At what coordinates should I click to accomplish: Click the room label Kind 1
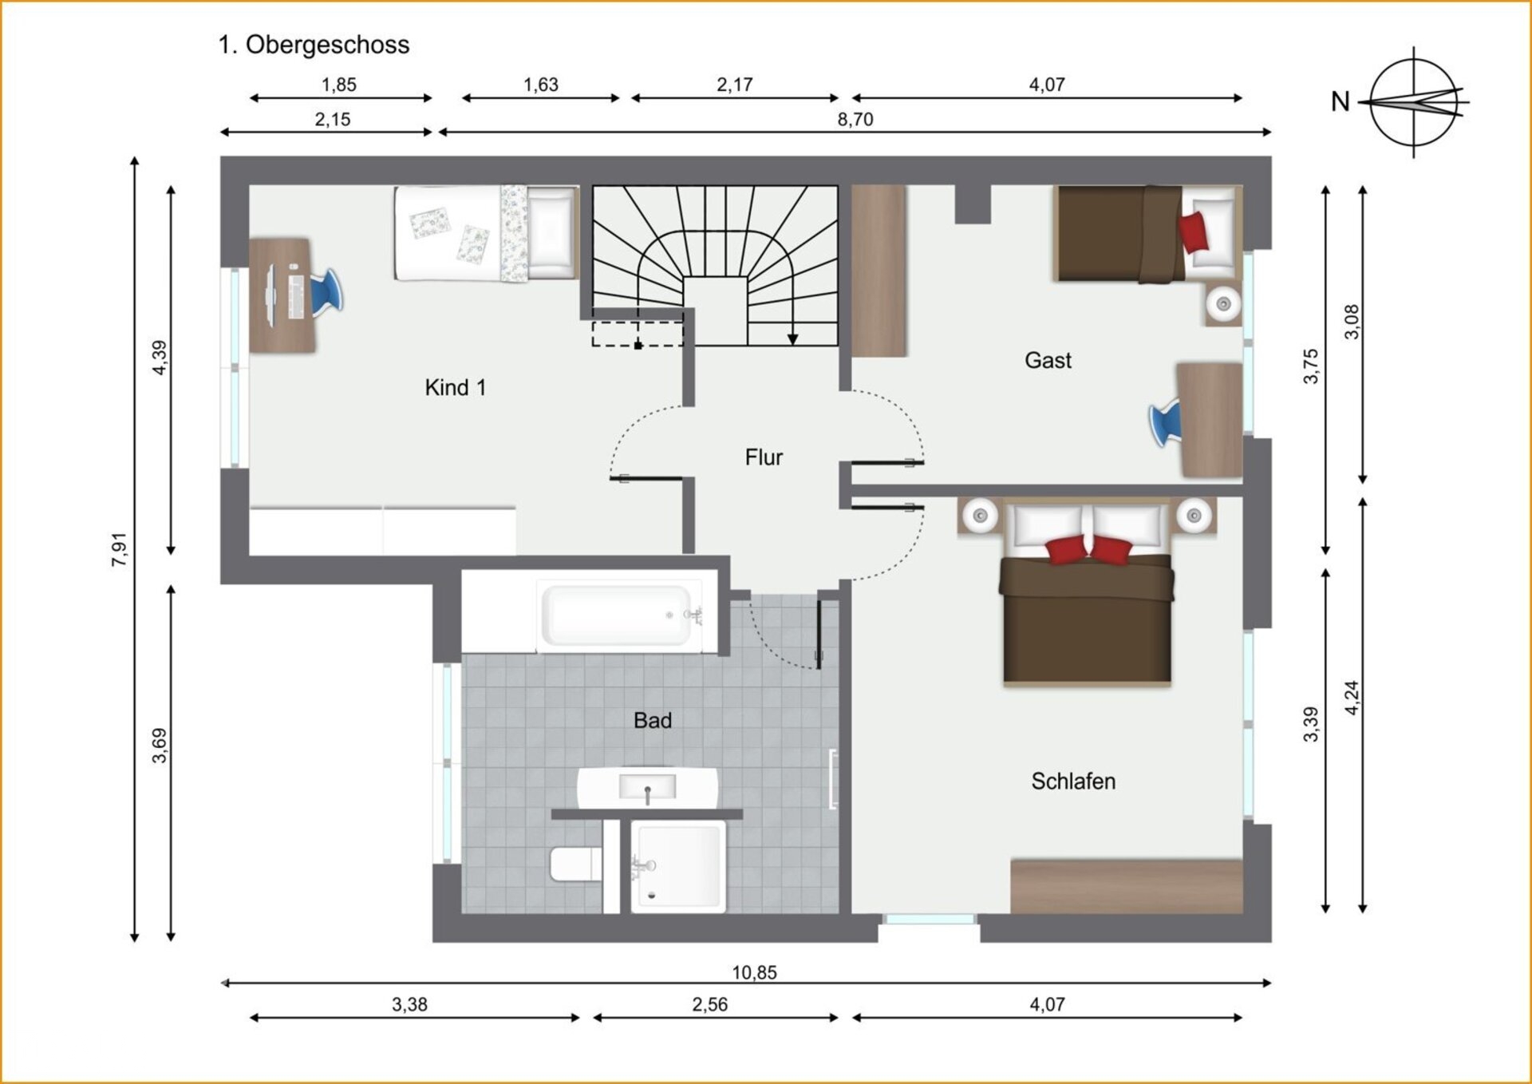455,388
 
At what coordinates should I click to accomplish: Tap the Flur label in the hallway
764,457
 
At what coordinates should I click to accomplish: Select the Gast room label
1048,361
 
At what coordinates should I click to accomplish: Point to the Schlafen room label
1073,781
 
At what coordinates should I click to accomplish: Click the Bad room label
653,721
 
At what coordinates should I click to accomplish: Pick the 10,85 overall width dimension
754,972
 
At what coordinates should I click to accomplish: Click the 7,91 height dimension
119,549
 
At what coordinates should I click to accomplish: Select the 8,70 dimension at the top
855,120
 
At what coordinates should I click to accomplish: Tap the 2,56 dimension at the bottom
709,1005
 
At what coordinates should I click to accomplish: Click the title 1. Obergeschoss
314,45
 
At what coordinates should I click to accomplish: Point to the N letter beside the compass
1340,102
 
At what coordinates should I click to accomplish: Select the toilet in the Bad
575,864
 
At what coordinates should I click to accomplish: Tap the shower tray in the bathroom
678,867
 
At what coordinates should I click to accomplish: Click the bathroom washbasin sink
647,788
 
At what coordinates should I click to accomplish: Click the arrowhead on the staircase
792,339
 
